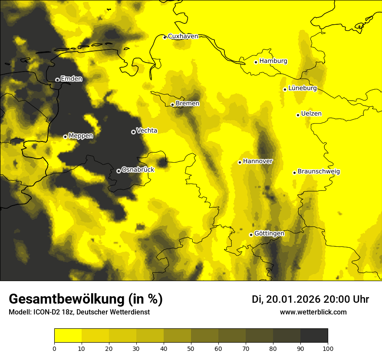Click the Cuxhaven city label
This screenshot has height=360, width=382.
pyautogui.click(x=183, y=36)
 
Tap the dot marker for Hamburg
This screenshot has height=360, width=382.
pyautogui.click(x=256, y=62)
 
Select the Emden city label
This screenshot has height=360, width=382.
pyautogui.click(x=71, y=79)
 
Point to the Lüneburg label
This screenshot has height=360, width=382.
pyautogui.click(x=302, y=88)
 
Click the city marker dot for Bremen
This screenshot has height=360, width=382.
pyautogui.click(x=172, y=105)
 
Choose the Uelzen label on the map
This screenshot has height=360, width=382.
pyautogui.click(x=311, y=114)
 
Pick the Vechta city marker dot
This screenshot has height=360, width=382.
pyautogui.click(x=133, y=132)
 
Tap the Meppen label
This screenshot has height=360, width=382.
pyautogui.click(x=81, y=136)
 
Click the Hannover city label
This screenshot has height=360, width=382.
pyautogui.click(x=258, y=161)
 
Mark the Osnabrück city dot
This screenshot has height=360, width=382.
pyautogui.click(x=119, y=171)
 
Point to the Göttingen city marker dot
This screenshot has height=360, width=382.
pyautogui.click(x=251, y=235)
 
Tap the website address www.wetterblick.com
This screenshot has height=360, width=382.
pyautogui.click(x=313, y=312)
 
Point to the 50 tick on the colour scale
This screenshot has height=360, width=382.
pyautogui.click(x=191, y=348)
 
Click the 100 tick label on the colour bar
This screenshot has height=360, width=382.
pyautogui.click(x=328, y=348)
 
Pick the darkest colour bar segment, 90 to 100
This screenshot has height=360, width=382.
pyautogui.click(x=314, y=335)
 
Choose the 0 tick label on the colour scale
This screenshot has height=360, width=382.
pyautogui.click(x=54, y=348)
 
